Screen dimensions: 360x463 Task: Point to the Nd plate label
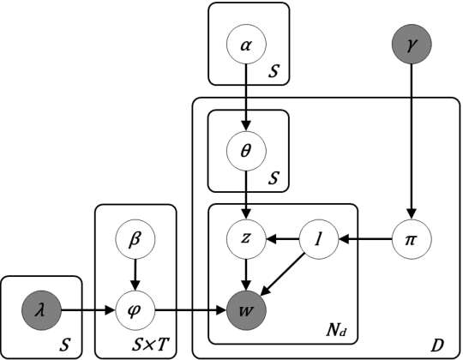[x=336, y=329]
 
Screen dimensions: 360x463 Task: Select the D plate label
[x=438, y=345]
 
